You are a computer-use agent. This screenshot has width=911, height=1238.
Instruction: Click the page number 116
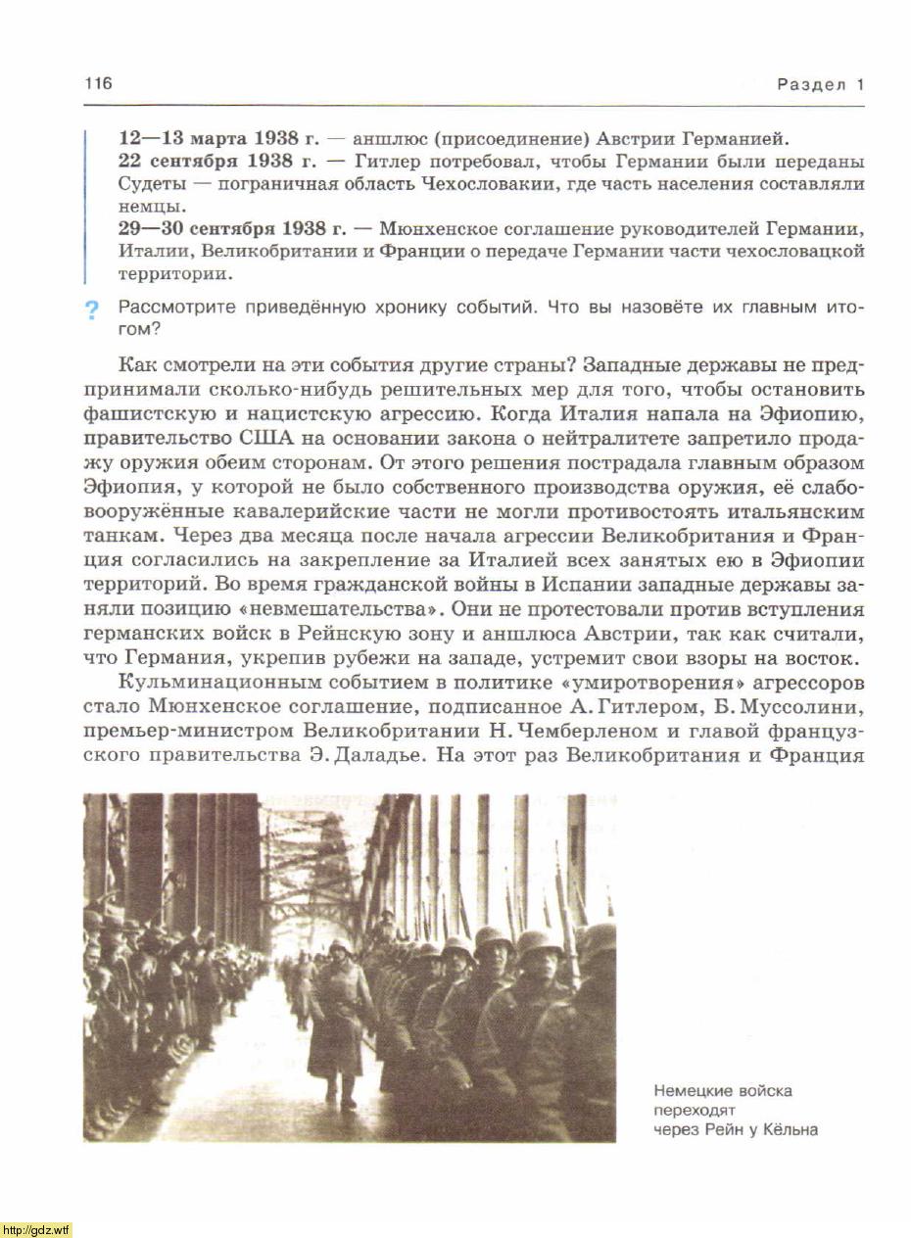[x=98, y=83]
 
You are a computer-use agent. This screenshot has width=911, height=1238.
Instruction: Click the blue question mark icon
[x=92, y=311]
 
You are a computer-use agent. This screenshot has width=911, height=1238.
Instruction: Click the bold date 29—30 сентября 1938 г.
[x=232, y=229]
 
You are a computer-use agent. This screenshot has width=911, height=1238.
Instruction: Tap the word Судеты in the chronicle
[x=148, y=184]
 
